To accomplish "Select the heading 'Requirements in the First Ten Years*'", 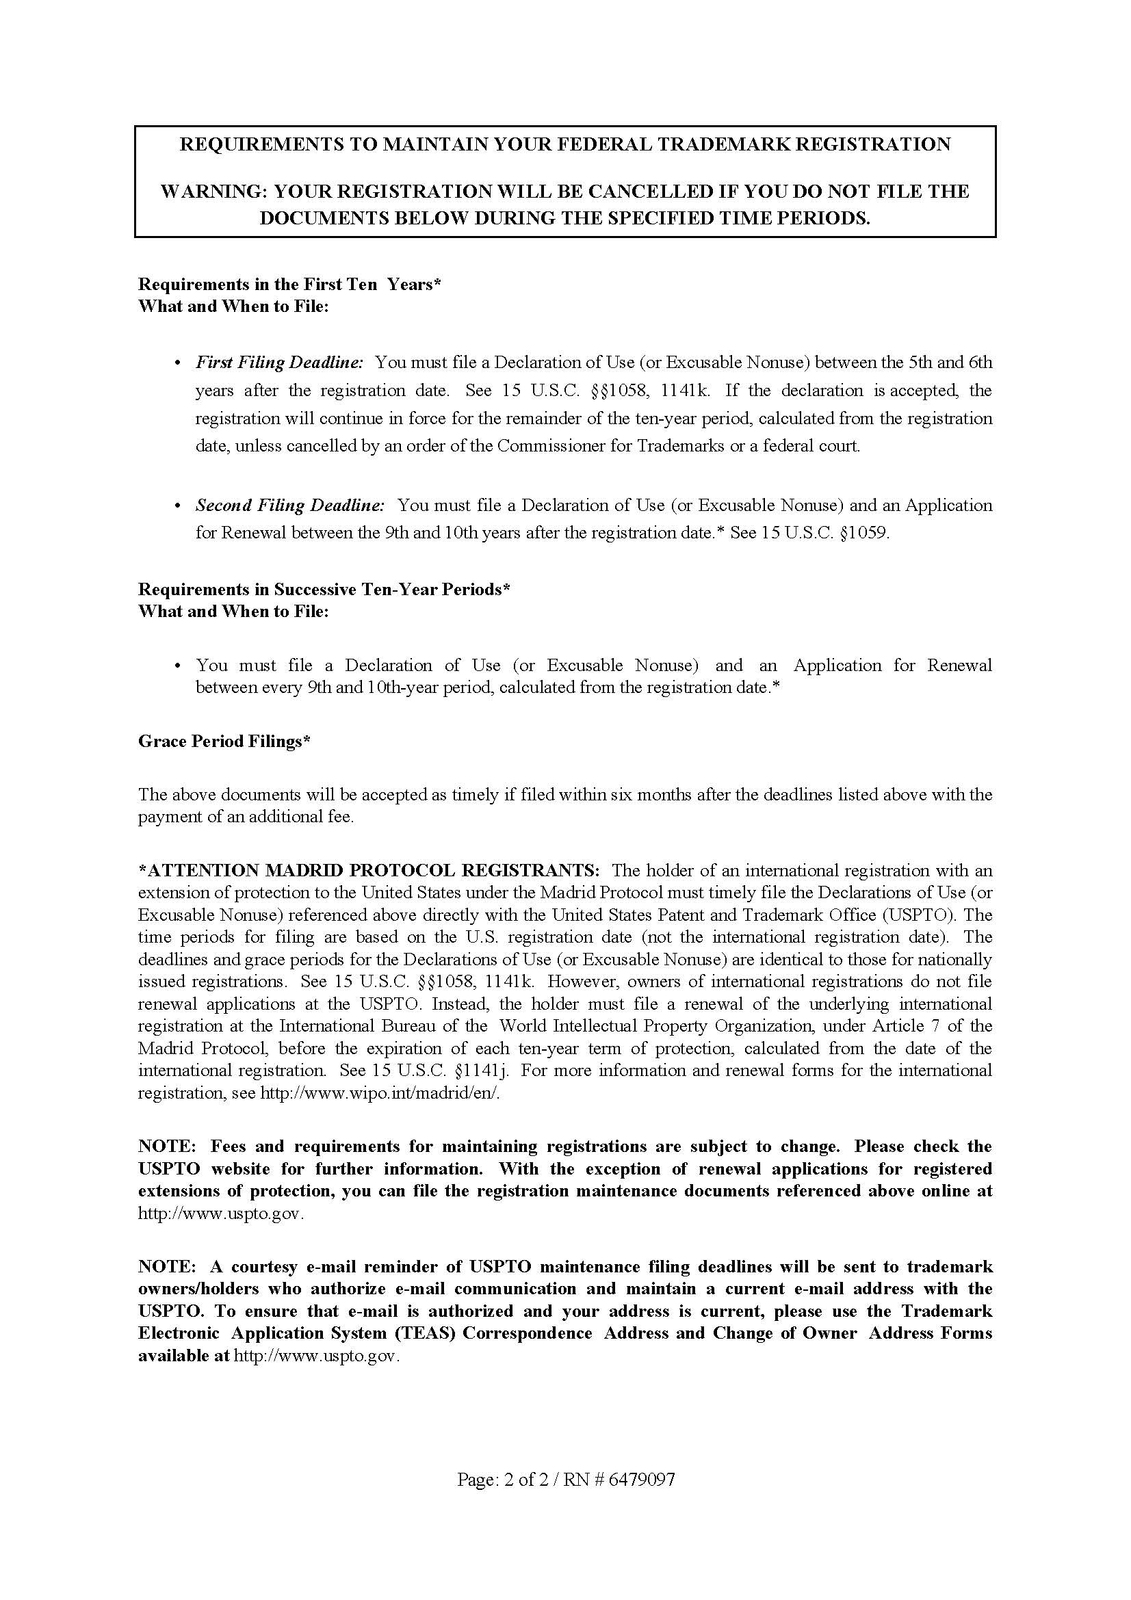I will click(289, 285).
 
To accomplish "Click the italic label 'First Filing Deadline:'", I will click(279, 363).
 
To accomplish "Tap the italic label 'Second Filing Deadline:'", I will click(290, 506).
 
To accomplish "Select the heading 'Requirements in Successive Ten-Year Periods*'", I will click(324, 590).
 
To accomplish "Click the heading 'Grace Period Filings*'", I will click(224, 742).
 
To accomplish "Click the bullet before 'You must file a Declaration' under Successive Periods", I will click(179, 666).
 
